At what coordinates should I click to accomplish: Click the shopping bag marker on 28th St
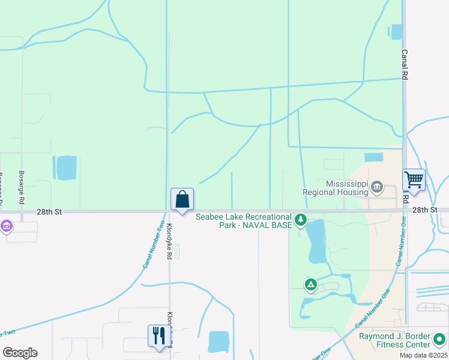[x=182, y=199]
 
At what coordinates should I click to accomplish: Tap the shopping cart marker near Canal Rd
[x=414, y=179]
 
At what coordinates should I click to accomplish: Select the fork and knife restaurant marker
[x=159, y=335]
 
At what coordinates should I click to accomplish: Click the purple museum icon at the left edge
[x=7, y=227]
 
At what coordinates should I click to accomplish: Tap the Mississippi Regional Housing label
[x=347, y=188]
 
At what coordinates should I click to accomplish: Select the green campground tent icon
[x=310, y=284]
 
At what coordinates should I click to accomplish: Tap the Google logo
[x=20, y=353]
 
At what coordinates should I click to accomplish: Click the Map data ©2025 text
[x=423, y=355]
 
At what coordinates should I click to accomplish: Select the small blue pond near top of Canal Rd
[x=397, y=32]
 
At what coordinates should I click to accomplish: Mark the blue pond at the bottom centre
[x=218, y=341]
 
